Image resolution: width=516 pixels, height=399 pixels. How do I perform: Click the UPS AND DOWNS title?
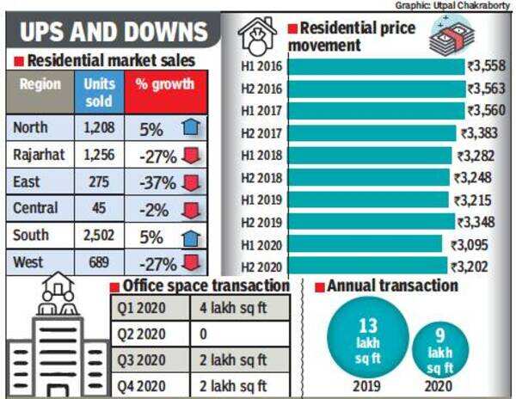(x=114, y=32)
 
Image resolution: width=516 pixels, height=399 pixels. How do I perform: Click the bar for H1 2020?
(x=366, y=244)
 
